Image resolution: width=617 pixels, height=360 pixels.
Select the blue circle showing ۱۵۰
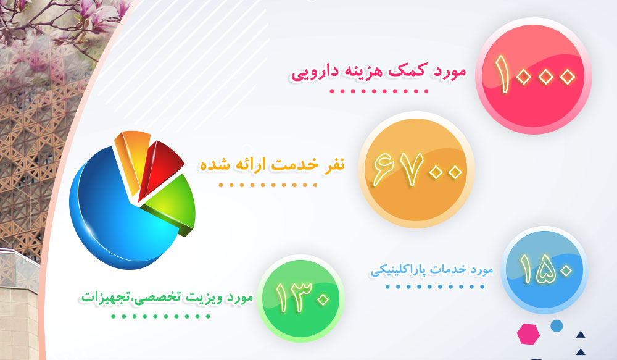(544, 270)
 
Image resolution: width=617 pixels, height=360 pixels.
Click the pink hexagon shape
(528, 334)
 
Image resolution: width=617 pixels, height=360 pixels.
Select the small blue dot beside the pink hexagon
(557, 325)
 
